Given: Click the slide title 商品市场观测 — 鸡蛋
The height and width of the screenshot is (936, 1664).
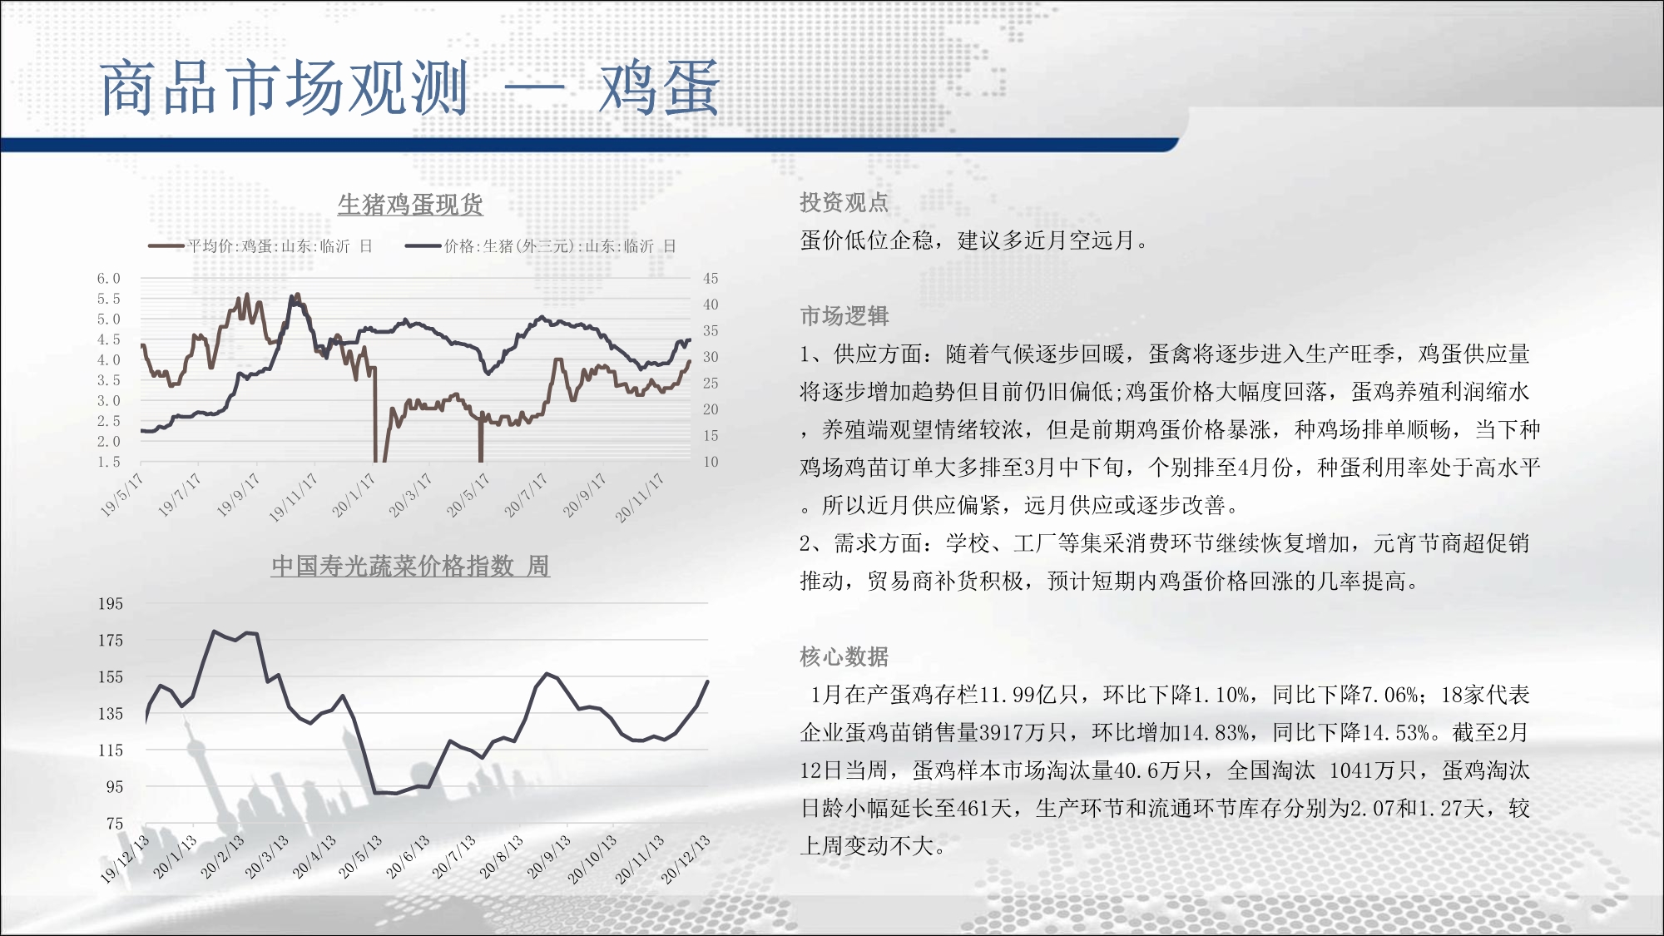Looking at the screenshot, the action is click(409, 88).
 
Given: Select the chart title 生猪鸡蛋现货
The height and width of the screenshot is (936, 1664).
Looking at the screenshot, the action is click(410, 205).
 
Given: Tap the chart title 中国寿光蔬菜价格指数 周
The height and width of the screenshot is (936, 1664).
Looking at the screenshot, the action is click(410, 566).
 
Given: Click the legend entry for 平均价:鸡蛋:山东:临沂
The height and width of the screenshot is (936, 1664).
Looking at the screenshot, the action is click(260, 246).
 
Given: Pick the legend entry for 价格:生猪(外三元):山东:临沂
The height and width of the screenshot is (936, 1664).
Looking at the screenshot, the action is click(541, 246).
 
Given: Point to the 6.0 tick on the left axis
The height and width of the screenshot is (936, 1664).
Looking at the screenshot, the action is click(109, 279).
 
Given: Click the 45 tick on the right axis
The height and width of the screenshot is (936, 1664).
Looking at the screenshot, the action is click(711, 279).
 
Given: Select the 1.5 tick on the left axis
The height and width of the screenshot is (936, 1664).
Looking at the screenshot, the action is click(109, 462).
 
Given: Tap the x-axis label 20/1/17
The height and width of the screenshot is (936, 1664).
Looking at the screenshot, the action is click(354, 495).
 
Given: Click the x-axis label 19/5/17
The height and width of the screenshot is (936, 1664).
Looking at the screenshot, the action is click(121, 495).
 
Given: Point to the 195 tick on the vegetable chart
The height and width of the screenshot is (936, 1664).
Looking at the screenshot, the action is click(111, 604).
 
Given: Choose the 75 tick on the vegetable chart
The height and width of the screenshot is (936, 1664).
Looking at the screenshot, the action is click(115, 824).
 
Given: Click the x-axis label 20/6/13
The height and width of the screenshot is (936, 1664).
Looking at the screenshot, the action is click(408, 857).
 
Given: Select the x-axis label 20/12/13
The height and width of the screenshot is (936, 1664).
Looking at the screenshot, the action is click(686, 859).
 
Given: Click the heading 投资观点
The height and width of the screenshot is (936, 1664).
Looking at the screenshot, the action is click(844, 202).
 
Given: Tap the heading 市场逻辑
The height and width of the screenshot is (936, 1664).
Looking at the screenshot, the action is click(844, 316).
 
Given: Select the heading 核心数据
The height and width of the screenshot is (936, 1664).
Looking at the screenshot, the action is click(844, 657).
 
